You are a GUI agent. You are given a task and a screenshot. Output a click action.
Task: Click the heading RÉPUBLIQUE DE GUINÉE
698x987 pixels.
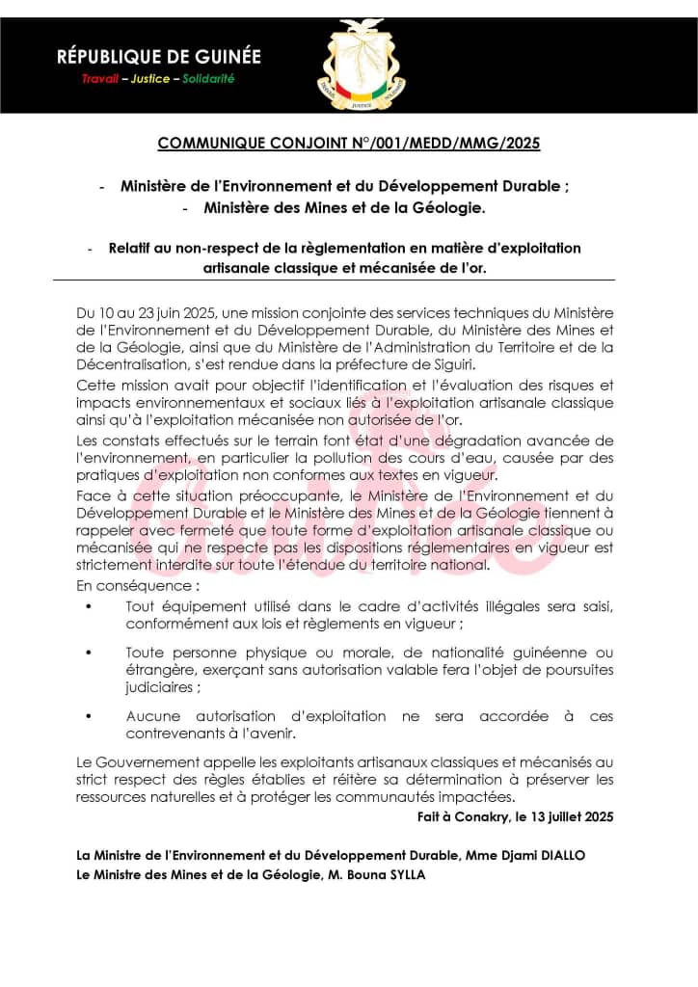(x=159, y=58)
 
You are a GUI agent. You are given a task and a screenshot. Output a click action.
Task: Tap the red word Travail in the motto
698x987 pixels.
(x=100, y=79)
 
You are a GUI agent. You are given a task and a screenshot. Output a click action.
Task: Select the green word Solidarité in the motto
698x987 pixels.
(x=208, y=79)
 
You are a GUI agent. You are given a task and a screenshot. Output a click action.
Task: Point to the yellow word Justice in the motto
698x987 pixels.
(x=153, y=79)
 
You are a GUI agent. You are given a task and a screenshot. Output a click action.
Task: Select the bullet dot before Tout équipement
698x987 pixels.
(x=90, y=606)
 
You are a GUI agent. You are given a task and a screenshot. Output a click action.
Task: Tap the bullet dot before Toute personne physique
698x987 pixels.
(x=90, y=654)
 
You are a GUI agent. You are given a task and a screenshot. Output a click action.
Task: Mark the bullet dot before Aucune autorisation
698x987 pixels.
(x=90, y=716)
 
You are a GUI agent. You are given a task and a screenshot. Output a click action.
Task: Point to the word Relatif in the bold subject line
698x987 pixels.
(x=130, y=249)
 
